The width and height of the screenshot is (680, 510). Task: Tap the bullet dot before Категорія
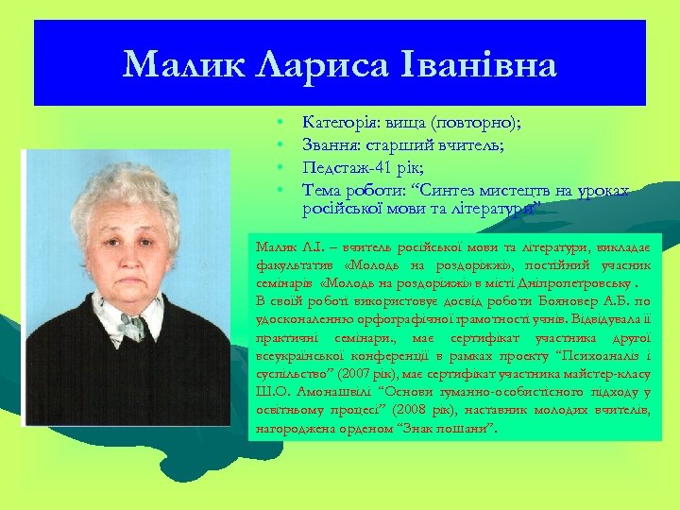click(x=280, y=124)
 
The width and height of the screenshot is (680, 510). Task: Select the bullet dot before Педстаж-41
click(x=280, y=168)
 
